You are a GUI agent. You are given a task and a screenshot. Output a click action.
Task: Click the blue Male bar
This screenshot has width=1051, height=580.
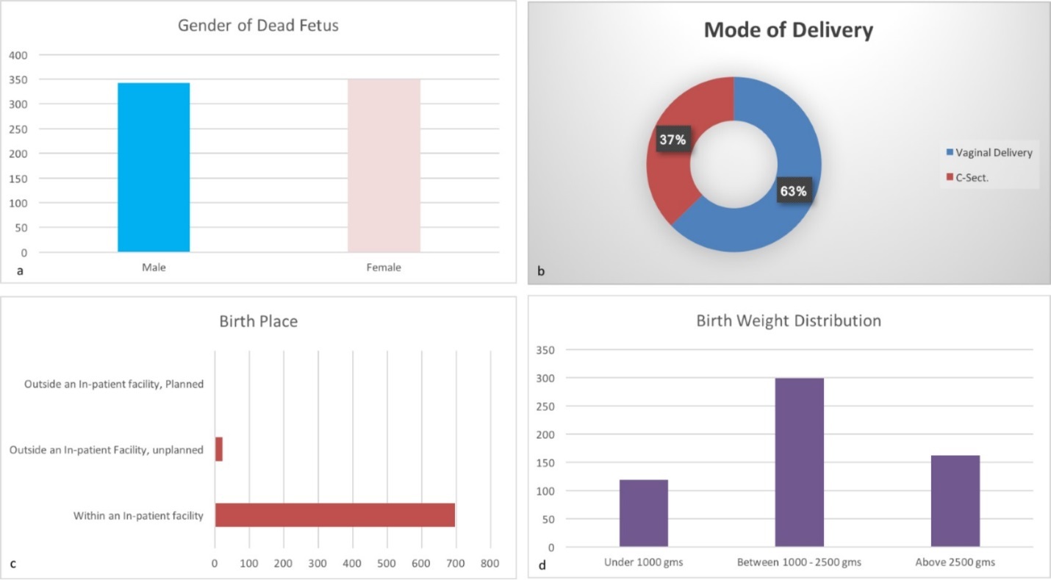[x=154, y=168]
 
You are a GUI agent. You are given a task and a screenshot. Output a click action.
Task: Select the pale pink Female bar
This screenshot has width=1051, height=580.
[x=384, y=166]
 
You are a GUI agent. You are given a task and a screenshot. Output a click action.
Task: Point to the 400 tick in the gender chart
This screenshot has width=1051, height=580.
[x=18, y=55]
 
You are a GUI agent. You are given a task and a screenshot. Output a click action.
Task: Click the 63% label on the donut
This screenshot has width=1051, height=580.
[x=793, y=191]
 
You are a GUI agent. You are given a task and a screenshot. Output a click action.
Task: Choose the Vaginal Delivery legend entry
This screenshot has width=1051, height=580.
[x=989, y=153]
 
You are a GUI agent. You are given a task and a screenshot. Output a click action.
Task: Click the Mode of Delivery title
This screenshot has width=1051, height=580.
[x=788, y=30]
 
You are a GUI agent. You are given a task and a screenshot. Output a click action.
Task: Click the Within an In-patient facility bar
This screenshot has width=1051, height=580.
[x=334, y=515]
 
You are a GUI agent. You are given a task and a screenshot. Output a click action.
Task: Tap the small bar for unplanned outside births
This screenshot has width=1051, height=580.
[x=218, y=449]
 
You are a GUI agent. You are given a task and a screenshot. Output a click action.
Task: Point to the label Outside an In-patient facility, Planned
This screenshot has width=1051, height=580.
[x=113, y=384]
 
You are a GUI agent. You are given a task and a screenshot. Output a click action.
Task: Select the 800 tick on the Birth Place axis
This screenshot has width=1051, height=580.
[x=490, y=563]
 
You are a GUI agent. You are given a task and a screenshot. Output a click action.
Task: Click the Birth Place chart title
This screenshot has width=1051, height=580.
[x=258, y=321]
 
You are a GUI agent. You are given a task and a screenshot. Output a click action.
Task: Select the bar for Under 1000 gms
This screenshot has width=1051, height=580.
[x=644, y=513]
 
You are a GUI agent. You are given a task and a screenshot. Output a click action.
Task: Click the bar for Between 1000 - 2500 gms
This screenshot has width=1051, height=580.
[x=799, y=462]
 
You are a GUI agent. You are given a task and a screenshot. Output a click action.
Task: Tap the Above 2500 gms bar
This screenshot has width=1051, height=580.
[x=955, y=501]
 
